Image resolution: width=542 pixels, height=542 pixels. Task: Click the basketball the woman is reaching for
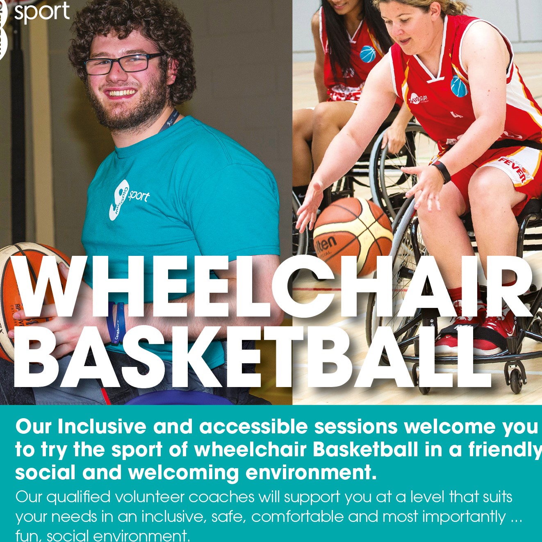click(x=353, y=234)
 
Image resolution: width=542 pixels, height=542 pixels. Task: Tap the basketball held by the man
click(x=25, y=299)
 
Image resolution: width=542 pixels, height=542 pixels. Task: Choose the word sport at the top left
click(x=42, y=11)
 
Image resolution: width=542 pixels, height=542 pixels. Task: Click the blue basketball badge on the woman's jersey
click(x=459, y=86)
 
